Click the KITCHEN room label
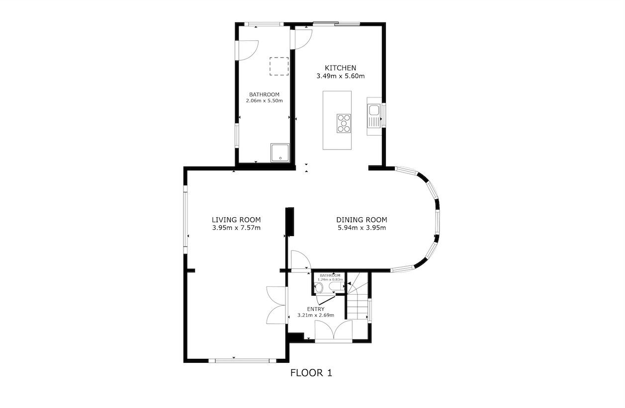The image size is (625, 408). tap(341, 68)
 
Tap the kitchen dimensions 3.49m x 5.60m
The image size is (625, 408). tap(341, 77)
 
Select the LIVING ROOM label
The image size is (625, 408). tap(236, 220)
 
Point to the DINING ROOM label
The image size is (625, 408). tap(361, 220)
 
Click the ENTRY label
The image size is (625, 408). tap(315, 309)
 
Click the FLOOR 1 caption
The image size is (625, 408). tap(311, 373)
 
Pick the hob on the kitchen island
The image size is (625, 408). tap(343, 123)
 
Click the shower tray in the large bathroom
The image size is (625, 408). tap(280, 153)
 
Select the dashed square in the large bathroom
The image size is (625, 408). tap(279, 66)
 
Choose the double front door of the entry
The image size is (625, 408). tap(334, 331)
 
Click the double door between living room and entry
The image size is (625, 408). tap(276, 305)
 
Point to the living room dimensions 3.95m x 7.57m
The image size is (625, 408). tap(236, 228)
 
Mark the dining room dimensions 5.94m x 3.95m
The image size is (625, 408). tap(361, 228)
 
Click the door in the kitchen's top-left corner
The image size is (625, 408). tap(302, 39)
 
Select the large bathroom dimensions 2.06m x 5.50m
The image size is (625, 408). tap(264, 100)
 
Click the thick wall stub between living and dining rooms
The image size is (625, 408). tap(290, 222)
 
